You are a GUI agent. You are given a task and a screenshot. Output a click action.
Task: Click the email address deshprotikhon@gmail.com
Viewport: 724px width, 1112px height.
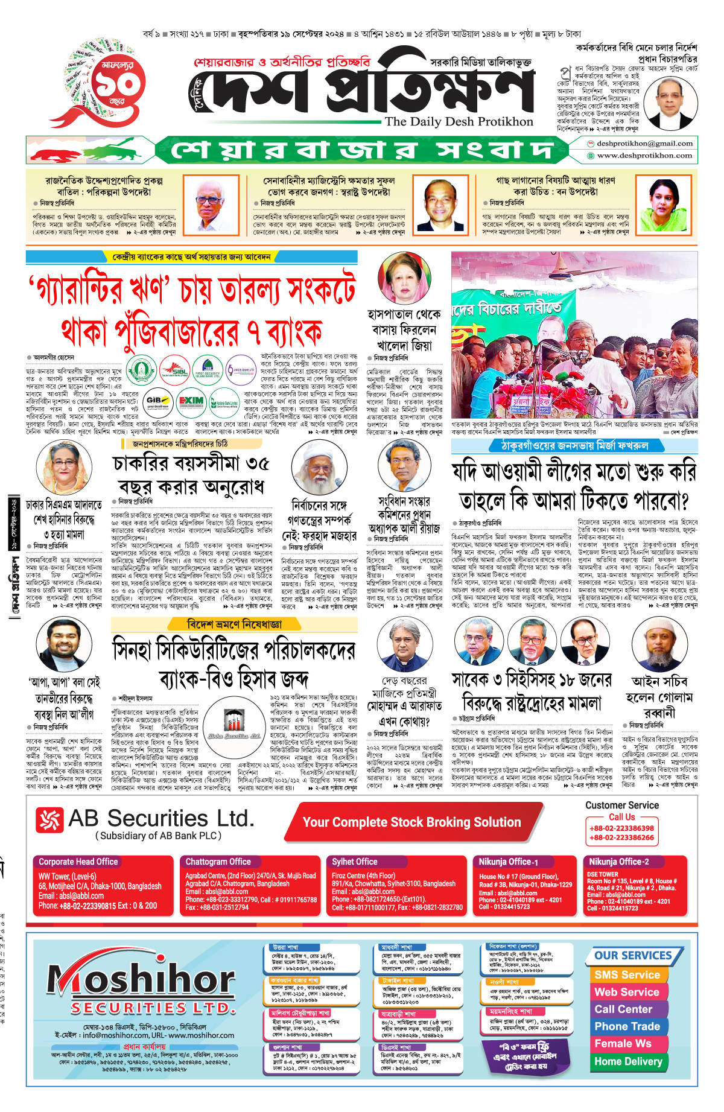coord(644,144)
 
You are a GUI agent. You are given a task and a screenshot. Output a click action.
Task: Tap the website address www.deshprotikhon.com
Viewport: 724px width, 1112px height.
coord(644,155)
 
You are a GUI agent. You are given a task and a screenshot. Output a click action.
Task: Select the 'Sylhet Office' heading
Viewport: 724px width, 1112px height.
coord(354,862)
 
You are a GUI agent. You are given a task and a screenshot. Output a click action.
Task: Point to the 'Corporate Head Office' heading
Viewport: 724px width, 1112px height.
coord(78,862)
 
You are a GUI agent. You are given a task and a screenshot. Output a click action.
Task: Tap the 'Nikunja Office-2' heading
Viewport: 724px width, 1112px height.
coord(619,862)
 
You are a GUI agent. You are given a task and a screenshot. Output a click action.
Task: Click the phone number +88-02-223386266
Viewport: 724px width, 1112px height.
coord(621,837)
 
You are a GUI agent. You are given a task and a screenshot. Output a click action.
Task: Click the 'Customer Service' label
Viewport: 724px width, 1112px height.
coord(621,805)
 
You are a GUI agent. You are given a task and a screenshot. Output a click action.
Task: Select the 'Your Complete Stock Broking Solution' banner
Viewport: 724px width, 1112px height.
coord(411,822)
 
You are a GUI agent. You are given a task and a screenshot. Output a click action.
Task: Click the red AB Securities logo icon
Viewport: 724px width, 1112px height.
coord(49,820)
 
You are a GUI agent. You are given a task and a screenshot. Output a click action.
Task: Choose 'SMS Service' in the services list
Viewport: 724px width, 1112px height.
coord(627,974)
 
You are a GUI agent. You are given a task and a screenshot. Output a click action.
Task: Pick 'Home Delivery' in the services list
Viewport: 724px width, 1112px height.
coord(628,1061)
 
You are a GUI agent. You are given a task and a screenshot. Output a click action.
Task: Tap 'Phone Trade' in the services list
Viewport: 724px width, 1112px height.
coord(627,1026)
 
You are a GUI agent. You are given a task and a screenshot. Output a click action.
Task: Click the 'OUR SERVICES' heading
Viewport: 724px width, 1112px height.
coord(633,955)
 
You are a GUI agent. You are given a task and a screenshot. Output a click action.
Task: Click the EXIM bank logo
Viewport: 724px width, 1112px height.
coord(191,401)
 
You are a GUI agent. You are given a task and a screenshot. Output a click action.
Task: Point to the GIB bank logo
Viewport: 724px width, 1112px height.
coord(158,401)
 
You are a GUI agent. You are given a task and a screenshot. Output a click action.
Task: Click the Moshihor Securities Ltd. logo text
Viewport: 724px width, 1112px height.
coord(142,985)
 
